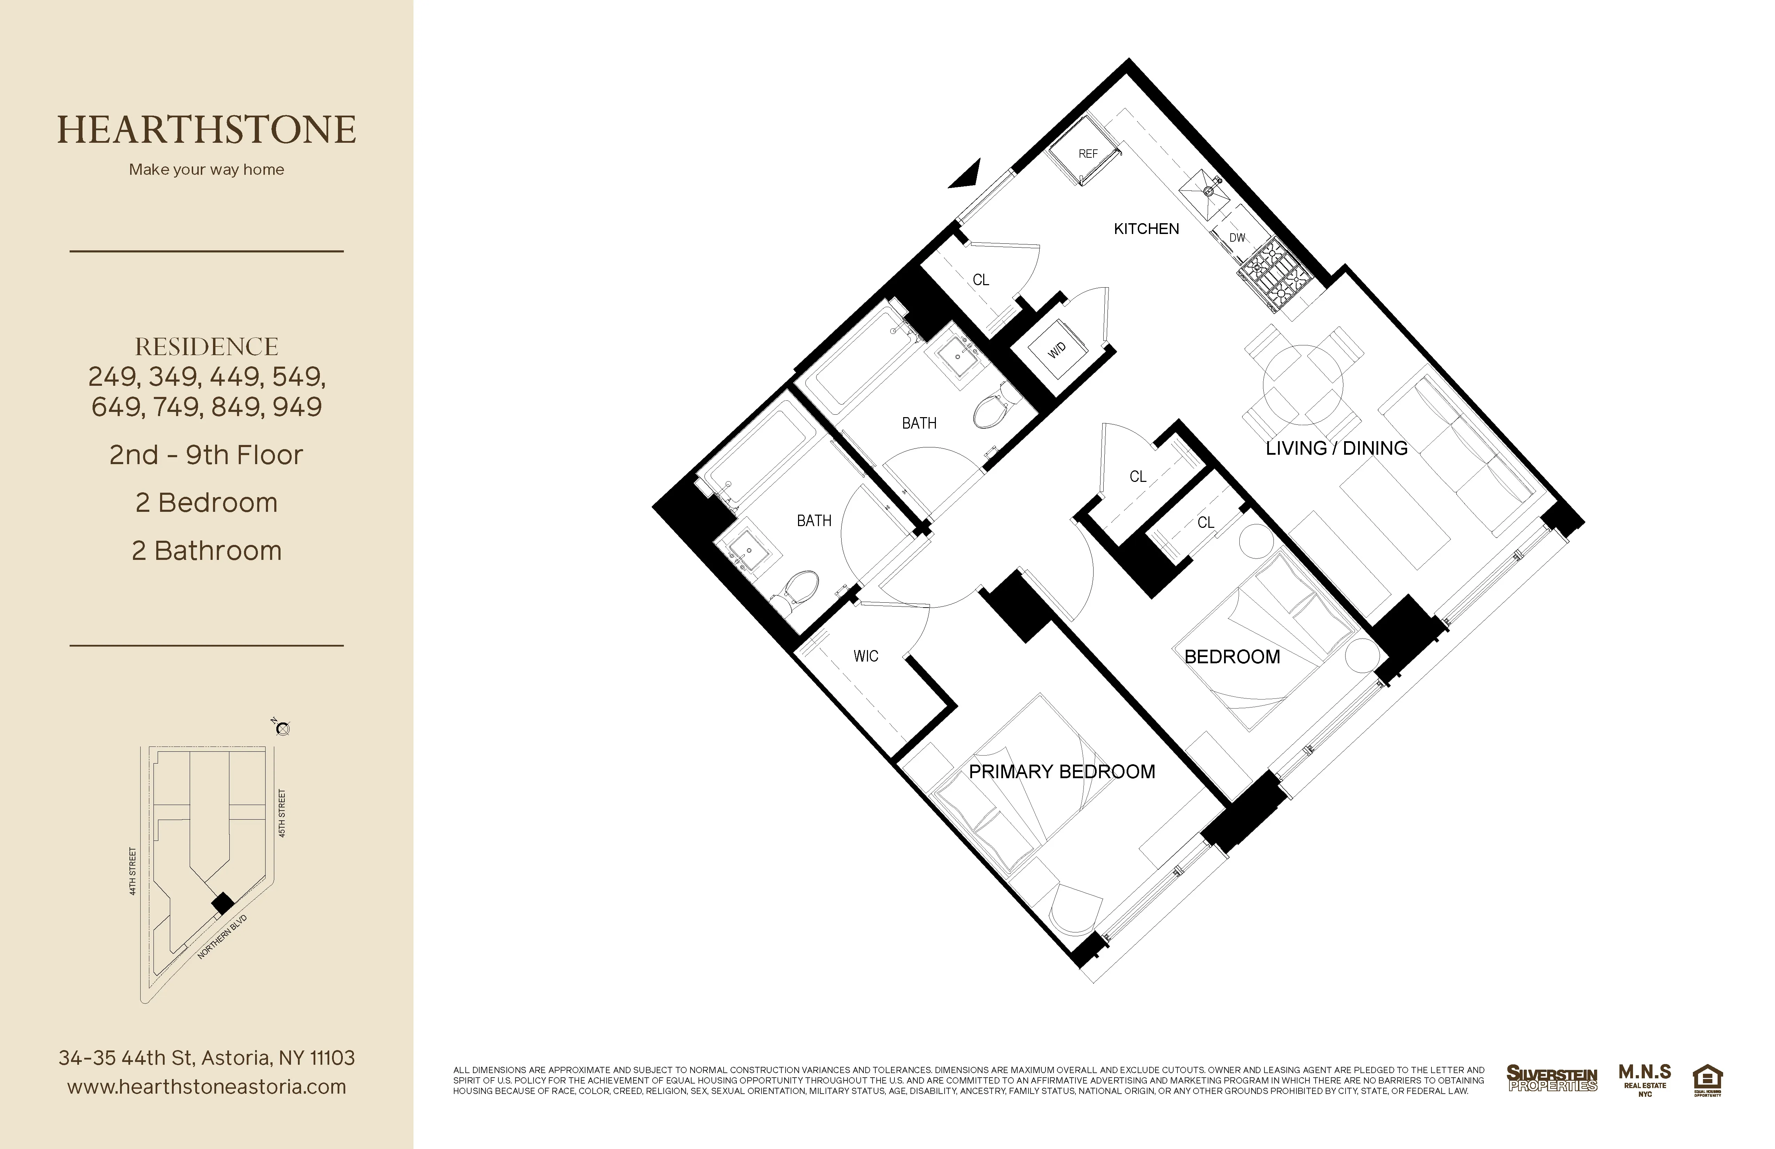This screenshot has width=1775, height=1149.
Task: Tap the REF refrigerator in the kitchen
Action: click(x=1087, y=154)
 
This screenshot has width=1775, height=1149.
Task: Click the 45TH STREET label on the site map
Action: click(x=282, y=813)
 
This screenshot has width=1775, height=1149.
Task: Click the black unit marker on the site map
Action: click(x=222, y=904)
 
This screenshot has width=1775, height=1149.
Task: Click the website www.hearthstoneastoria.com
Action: click(x=207, y=1087)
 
